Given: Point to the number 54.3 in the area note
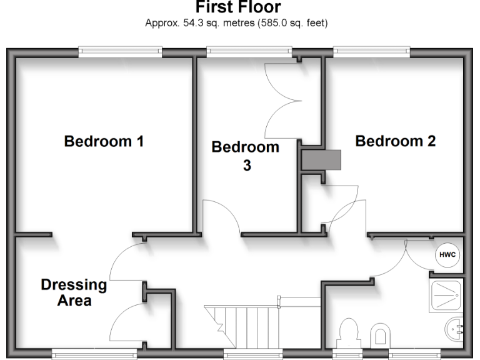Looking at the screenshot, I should tap(188, 23).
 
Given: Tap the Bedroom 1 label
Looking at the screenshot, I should tap(104, 141).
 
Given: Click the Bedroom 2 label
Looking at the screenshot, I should tap(395, 141).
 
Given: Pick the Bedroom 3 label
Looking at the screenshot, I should tap(246, 156).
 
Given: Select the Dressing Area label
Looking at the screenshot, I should tap(74, 292).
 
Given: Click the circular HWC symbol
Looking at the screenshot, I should tap(446, 255).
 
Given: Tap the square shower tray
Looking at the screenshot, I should tap(446, 295).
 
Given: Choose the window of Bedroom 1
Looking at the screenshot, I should tap(120, 52).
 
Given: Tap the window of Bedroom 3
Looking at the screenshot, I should tap(249, 52).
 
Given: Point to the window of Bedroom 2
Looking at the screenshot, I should tap(371, 52).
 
